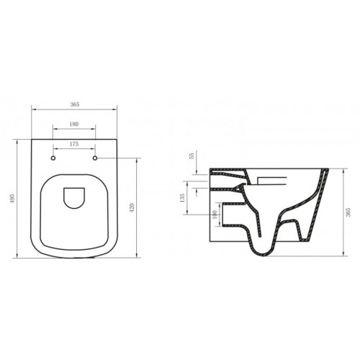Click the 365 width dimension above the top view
(75, 104)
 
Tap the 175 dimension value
(75, 144)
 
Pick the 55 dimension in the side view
(192, 156)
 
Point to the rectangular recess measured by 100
(229, 214)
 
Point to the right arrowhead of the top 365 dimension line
(115, 109)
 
